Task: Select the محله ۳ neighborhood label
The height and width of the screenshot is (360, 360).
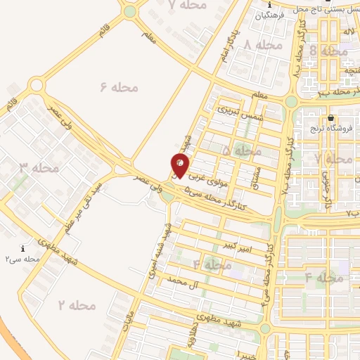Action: (39, 168)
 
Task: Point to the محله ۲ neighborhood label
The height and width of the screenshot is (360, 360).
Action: (76, 306)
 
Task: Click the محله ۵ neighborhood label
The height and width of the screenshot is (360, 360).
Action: (241, 151)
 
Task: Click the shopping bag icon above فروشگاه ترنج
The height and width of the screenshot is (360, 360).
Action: (330, 117)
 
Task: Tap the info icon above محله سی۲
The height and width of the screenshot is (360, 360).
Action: (23, 249)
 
